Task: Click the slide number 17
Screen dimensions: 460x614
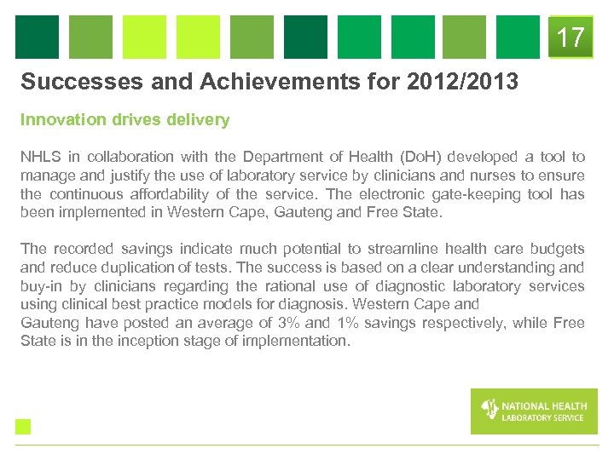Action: [571, 37]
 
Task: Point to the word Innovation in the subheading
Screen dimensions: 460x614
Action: [61, 120]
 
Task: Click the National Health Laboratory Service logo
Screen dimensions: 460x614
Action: [533, 411]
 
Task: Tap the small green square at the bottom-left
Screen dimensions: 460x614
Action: [23, 426]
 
